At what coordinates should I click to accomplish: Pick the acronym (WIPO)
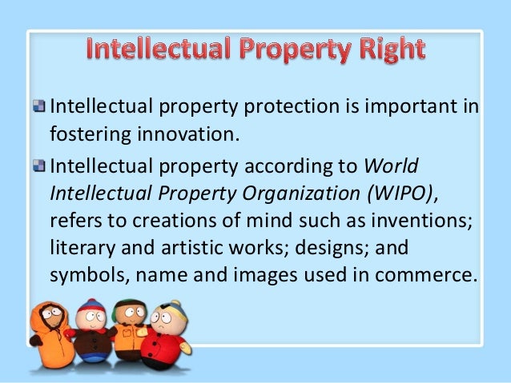coord(392,194)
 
